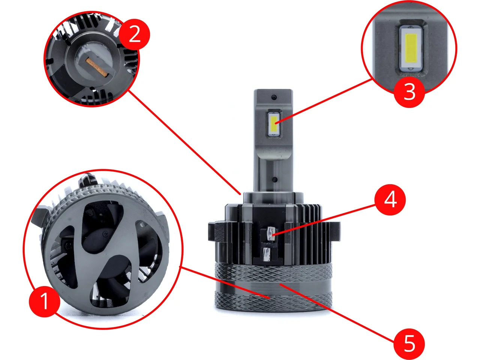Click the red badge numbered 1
[x=44, y=301]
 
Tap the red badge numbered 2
[x=135, y=34]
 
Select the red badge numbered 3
[x=409, y=92]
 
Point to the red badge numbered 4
[x=390, y=200]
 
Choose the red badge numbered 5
[x=409, y=344]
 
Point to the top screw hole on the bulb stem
[x=274, y=97]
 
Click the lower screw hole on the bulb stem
[x=275, y=180]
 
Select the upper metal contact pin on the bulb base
[x=271, y=234]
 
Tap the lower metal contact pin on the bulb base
[x=266, y=254]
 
